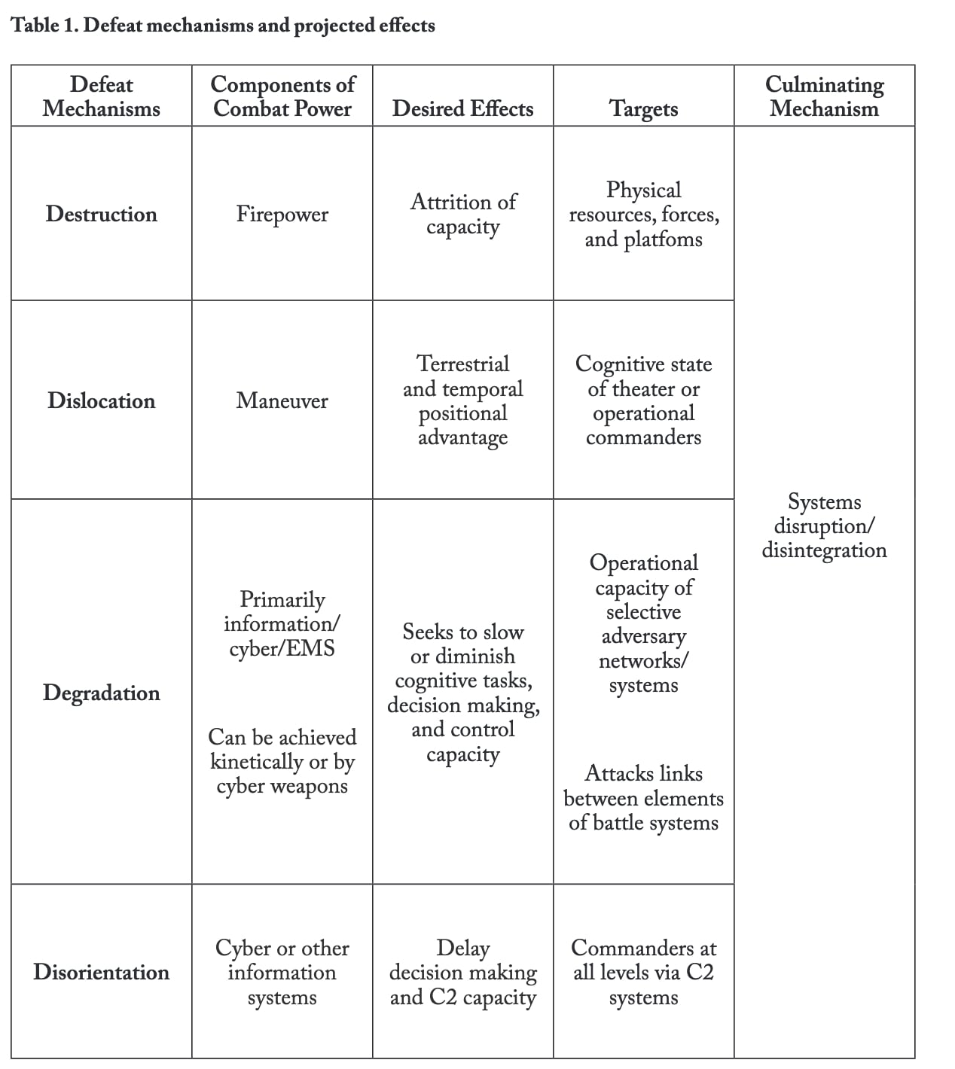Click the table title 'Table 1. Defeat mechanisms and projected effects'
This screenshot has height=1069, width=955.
coord(223,26)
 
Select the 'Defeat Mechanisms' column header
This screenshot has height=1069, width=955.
coord(102,96)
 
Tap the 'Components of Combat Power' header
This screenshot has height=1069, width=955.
coord(282,96)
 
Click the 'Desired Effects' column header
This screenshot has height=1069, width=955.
coord(462,108)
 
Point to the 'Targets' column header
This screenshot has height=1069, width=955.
coord(643,108)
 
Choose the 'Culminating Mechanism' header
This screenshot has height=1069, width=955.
coord(824,96)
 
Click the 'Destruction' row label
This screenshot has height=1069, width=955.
coord(102,214)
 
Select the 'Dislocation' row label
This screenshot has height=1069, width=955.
coord(102,400)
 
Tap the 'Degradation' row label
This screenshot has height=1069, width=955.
coord(102,693)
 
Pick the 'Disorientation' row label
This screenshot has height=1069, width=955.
coord(102,972)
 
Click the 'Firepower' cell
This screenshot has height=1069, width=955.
coord(282,214)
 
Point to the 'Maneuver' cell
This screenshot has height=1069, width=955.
coord(282,400)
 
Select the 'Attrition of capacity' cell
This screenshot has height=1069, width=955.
coord(462,214)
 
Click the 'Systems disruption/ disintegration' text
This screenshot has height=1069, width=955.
coord(824,525)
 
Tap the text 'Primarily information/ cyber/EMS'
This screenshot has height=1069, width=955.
coord(282,623)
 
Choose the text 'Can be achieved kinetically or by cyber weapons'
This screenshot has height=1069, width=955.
coord(282,761)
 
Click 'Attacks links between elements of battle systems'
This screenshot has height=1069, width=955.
coord(643,798)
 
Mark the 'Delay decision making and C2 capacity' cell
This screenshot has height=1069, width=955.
coord(462,972)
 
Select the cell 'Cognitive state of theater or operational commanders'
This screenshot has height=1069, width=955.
coord(643,400)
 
